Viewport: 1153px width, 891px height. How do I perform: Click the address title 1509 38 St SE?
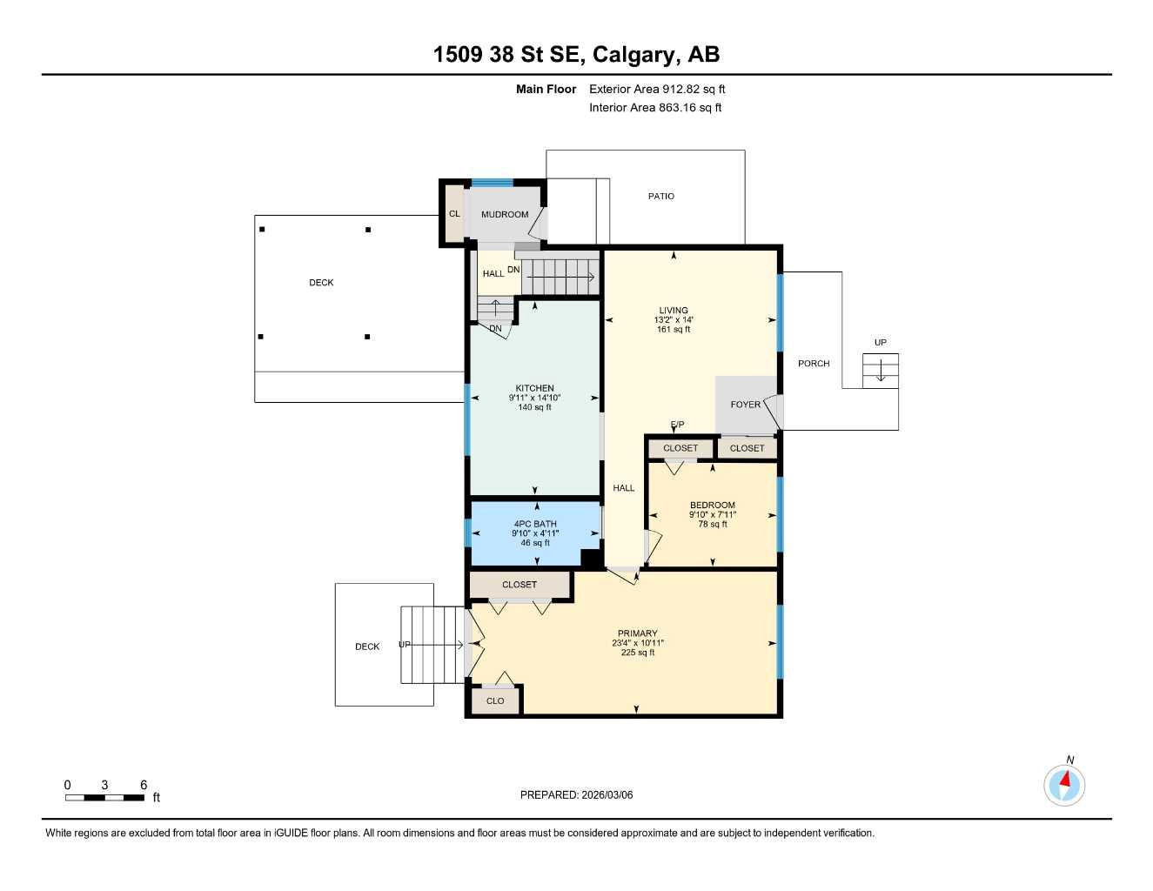pyautogui.click(x=576, y=55)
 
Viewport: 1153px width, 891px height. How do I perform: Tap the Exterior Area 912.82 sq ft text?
pyautogui.click(x=657, y=89)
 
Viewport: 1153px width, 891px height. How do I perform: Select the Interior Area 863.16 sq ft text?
pyautogui.click(x=655, y=108)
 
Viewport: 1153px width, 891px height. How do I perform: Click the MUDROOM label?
pyautogui.click(x=505, y=215)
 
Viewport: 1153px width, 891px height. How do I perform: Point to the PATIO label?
pyautogui.click(x=661, y=197)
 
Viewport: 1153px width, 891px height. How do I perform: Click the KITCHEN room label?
pyautogui.click(x=534, y=389)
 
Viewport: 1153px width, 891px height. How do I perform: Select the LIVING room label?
pyautogui.click(x=674, y=311)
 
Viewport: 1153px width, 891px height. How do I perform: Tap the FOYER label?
pyautogui.click(x=746, y=405)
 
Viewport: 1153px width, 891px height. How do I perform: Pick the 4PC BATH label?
pyautogui.click(x=535, y=525)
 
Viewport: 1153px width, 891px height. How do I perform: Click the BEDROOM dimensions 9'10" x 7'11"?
pyautogui.click(x=713, y=515)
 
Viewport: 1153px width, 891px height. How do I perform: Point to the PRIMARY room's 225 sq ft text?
pyautogui.click(x=638, y=653)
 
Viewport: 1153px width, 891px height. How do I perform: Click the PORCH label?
pyautogui.click(x=814, y=364)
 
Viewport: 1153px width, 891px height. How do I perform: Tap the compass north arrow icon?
pyautogui.click(x=1064, y=784)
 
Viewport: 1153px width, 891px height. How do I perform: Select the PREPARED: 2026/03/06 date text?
pyautogui.click(x=576, y=795)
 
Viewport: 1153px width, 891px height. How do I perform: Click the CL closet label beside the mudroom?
pyautogui.click(x=454, y=214)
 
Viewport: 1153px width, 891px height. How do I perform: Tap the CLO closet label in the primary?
pyautogui.click(x=495, y=701)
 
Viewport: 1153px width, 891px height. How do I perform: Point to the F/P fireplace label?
pyautogui.click(x=677, y=425)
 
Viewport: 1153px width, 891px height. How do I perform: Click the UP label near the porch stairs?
pyautogui.click(x=881, y=343)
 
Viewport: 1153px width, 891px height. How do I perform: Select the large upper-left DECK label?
pyautogui.click(x=321, y=283)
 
